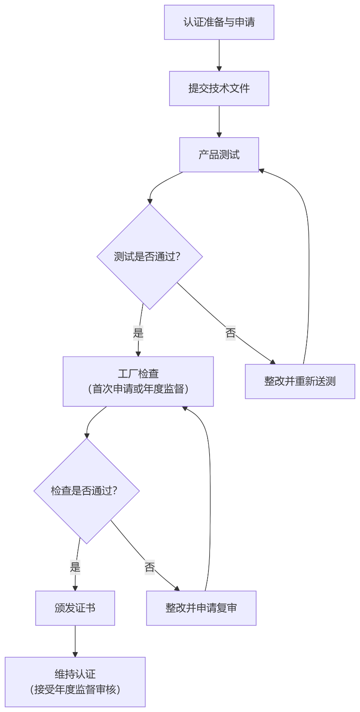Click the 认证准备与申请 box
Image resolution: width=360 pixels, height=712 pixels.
point(219,22)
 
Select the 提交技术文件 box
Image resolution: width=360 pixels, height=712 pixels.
point(219,88)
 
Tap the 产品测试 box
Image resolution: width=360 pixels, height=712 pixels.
point(219,155)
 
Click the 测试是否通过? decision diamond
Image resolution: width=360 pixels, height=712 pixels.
point(150,256)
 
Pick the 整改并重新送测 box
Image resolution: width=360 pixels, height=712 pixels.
point(300,381)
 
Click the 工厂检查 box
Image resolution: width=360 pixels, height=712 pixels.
point(138,381)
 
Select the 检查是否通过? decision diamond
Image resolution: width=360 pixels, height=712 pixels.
point(86,491)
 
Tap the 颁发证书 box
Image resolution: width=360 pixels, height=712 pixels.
point(75,608)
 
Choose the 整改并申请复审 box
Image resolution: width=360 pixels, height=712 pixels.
point(201,608)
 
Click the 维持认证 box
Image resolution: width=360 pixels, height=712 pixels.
point(75,682)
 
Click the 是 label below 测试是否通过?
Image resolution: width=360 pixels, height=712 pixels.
point(138,333)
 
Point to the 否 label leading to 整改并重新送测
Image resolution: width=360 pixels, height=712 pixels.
point(230,333)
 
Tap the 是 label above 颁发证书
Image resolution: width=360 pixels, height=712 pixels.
point(75,567)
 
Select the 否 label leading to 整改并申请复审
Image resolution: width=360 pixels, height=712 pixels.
point(150,567)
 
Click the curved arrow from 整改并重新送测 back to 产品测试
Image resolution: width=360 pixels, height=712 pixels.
point(309,260)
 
